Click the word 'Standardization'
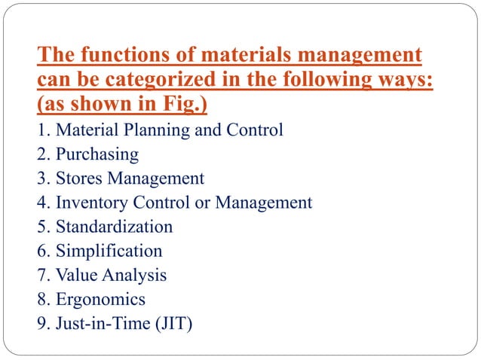[x=114, y=227]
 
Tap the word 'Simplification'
[x=109, y=251]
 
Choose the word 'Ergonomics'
[x=101, y=299]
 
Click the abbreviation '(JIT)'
[x=173, y=324]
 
